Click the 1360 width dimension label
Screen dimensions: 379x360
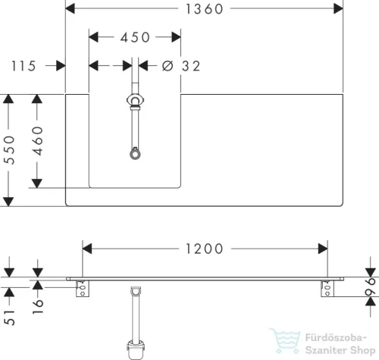pyautogui.click(x=204, y=9)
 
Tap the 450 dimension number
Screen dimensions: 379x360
pyautogui.click(x=135, y=38)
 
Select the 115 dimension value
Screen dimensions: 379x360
pyautogui.click(x=23, y=66)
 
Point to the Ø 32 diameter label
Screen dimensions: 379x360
pyautogui.click(x=181, y=66)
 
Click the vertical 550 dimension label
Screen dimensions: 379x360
pyautogui.click(x=10, y=150)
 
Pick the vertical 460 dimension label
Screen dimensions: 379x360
pyautogui.click(x=38, y=141)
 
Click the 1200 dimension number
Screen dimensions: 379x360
pyautogui.click(x=204, y=249)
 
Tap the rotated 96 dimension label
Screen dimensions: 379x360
pyautogui.click(x=371, y=286)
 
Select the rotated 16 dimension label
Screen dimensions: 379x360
pyautogui.click(x=38, y=306)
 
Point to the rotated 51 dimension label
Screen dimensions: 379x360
pyautogui.click(x=10, y=318)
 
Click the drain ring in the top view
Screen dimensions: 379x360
pyautogui.click(x=135, y=155)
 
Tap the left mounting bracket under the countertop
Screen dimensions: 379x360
pyautogui.click(x=83, y=289)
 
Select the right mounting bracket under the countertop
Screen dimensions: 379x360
pyautogui.click(x=327, y=289)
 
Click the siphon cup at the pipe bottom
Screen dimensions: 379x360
pyautogui.click(x=136, y=349)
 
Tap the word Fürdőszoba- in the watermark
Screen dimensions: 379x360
pyautogui.click(x=336, y=337)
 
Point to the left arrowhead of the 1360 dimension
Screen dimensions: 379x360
pyautogui.click(x=70, y=8)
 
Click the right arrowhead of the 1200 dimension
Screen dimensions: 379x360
pyautogui.click(x=323, y=249)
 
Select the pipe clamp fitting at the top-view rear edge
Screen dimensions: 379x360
pyautogui.click(x=136, y=101)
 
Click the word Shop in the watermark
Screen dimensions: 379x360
pyautogui.click(x=363, y=350)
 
